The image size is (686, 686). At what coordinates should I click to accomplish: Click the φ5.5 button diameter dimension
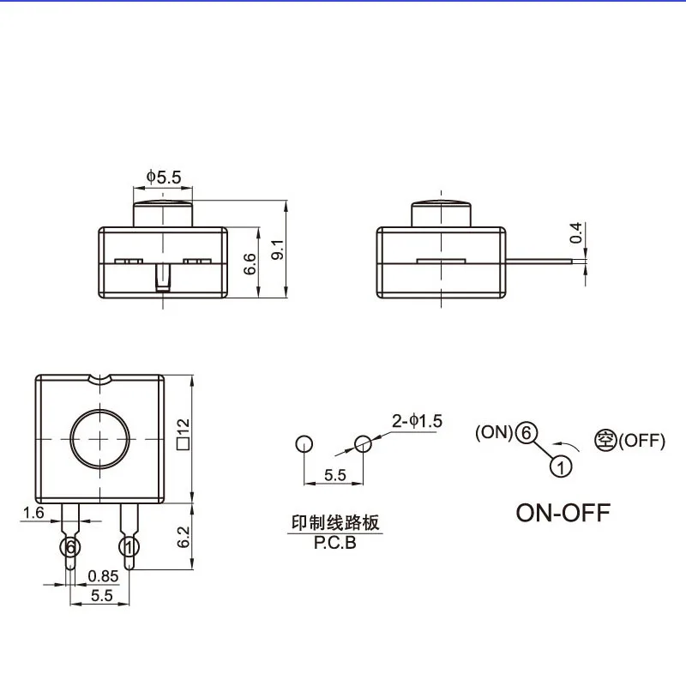pos(164,177)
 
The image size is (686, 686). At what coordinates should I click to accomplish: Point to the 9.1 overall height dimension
pos(276,250)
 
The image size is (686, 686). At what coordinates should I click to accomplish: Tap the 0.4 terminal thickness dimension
pos(576,232)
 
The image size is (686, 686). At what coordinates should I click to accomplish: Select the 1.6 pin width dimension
pos(33,512)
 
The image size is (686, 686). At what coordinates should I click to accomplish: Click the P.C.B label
pos(334,543)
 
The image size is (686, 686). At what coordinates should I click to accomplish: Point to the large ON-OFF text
pos(563,513)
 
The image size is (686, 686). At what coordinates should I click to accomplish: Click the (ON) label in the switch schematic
pos(494,433)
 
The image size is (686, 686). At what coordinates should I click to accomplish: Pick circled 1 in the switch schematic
pos(559,466)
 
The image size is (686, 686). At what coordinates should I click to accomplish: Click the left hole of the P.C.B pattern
pos(303,443)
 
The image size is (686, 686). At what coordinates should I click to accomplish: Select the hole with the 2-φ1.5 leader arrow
pos(363,443)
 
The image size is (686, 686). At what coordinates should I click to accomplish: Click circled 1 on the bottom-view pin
pos(129,546)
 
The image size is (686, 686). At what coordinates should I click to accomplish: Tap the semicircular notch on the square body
pos(100,378)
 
